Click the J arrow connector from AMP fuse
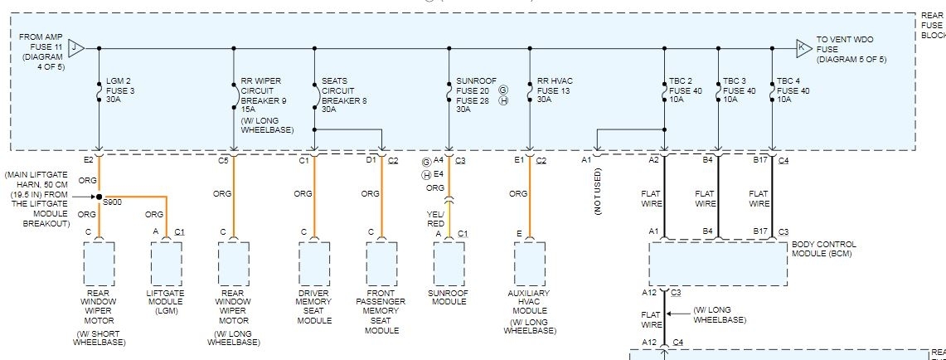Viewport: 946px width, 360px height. pyautogui.click(x=76, y=47)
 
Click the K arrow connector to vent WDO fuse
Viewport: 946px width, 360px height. pyautogui.click(x=803, y=47)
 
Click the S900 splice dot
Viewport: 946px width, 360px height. pyautogui.click(x=99, y=197)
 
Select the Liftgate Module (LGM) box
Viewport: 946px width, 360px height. pyautogui.click(x=166, y=264)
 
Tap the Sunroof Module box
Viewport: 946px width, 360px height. pyautogui.click(x=449, y=264)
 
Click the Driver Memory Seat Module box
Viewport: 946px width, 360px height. pyautogui.click(x=314, y=264)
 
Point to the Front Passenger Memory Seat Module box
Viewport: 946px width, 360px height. pyautogui.click(x=382, y=264)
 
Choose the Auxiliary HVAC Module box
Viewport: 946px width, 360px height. pyautogui.click(x=529, y=264)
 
